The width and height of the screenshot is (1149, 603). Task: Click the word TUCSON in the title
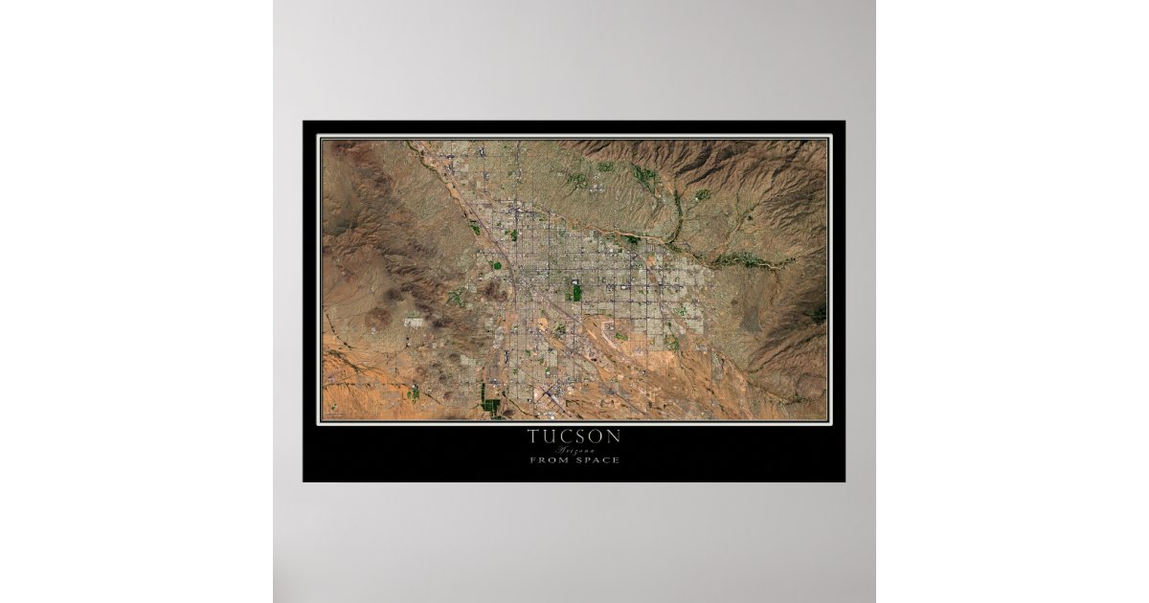(574, 436)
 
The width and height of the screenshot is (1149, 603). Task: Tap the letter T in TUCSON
(532, 436)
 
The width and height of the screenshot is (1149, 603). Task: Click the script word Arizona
(574, 449)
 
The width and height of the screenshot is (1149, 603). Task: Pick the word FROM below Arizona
(548, 460)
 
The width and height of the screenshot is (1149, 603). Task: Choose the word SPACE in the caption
(598, 460)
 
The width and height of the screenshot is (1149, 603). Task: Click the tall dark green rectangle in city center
(575, 291)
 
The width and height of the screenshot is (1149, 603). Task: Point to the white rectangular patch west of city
(415, 323)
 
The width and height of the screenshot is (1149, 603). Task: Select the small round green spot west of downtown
(496, 265)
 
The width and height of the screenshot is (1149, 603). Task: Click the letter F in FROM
(532, 460)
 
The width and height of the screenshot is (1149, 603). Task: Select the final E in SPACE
(617, 460)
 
